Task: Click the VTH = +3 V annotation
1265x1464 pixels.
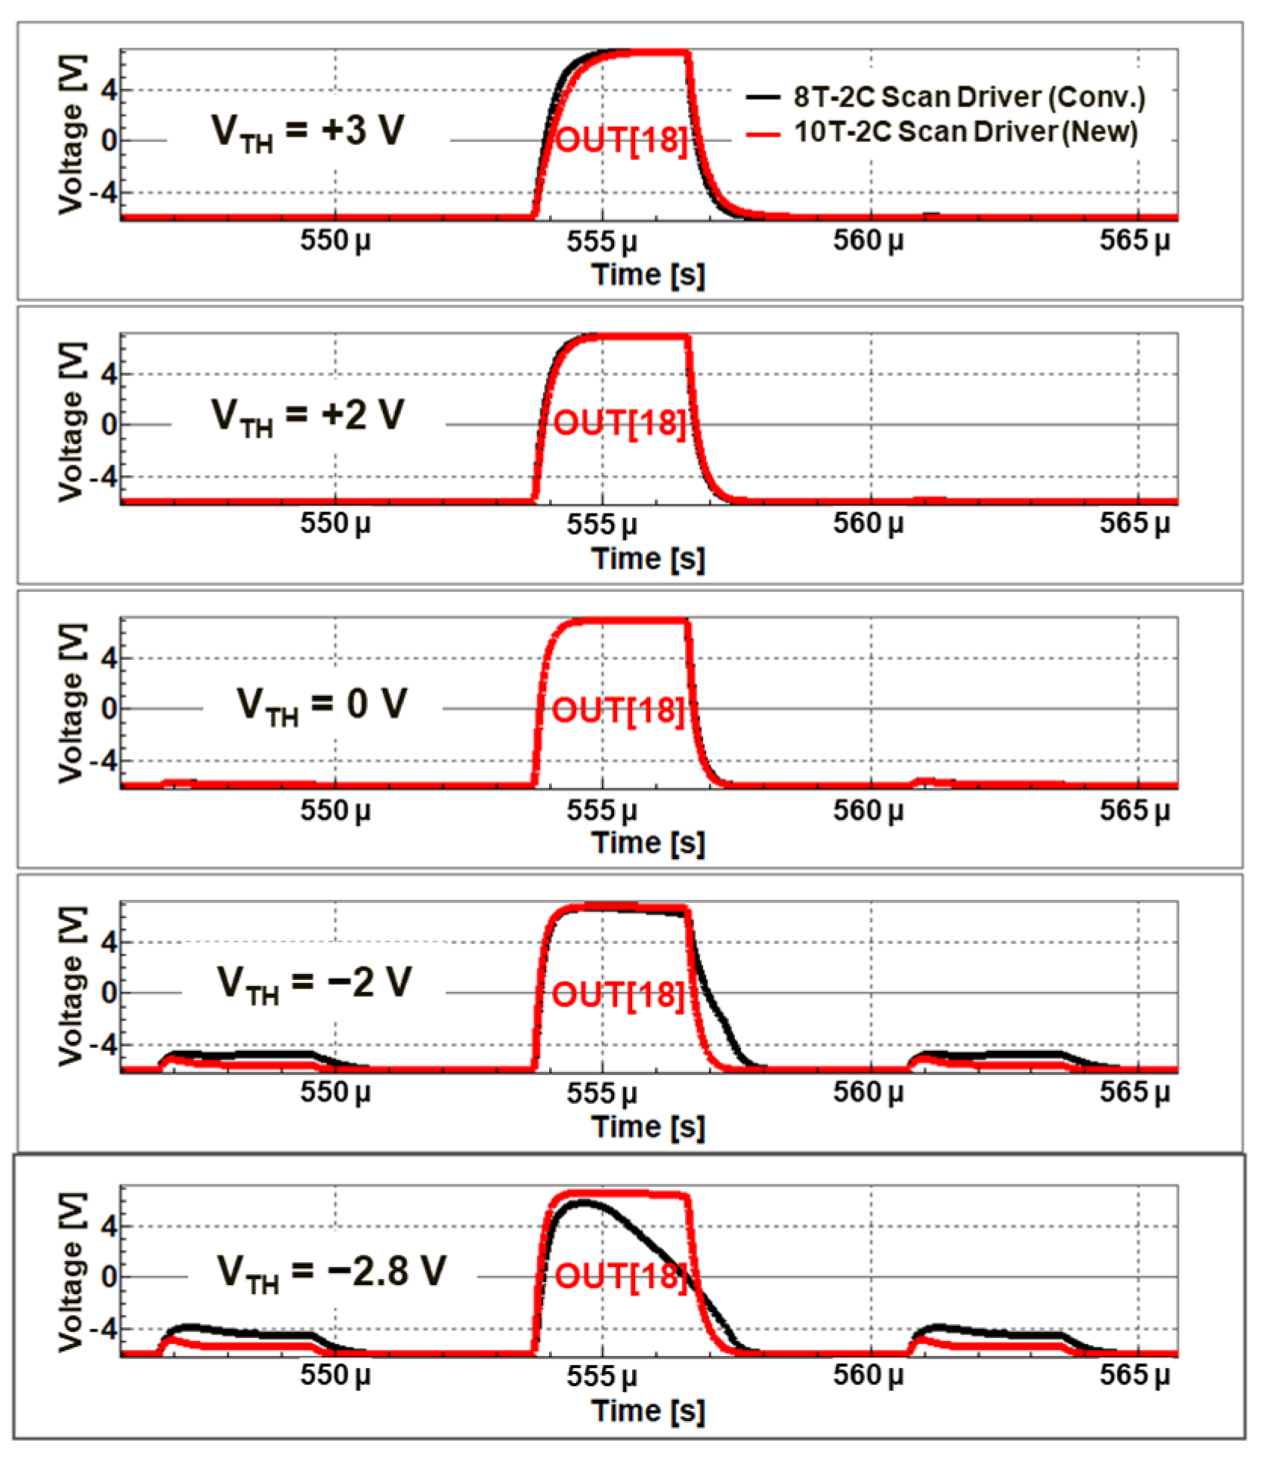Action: point(307,131)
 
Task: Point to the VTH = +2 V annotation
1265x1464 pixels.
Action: point(307,416)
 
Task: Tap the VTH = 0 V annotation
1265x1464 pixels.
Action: point(322,704)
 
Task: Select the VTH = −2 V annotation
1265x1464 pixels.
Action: point(314,985)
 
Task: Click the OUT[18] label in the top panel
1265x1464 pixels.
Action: point(622,140)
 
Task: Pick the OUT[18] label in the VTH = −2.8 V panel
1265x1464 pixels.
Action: point(622,1276)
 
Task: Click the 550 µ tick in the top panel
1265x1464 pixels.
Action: point(335,241)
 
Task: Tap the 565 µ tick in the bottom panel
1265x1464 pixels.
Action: point(1134,1376)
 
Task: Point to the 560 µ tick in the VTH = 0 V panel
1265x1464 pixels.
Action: point(868,810)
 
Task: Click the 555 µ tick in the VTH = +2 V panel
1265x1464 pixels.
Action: point(602,524)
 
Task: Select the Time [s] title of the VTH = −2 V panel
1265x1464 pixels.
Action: point(648,1127)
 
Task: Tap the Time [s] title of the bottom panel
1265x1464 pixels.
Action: point(648,1411)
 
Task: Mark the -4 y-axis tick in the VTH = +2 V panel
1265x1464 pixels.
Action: point(103,477)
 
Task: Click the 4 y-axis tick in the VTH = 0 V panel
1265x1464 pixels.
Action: point(110,658)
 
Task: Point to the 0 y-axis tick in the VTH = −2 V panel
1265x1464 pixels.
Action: point(110,993)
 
